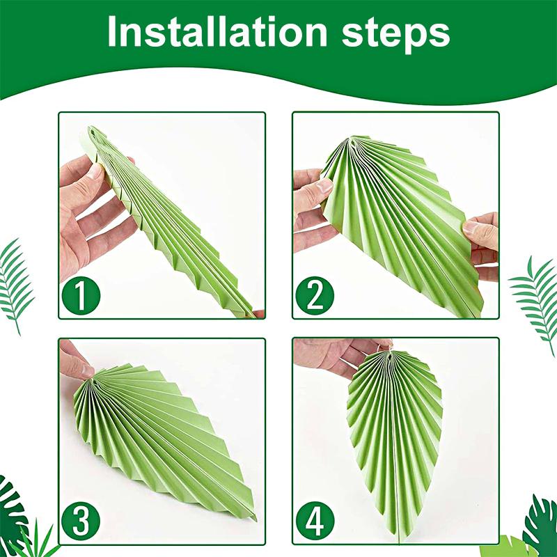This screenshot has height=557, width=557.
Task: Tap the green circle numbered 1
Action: coord(81,296)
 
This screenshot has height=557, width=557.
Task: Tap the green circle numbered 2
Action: coord(315,296)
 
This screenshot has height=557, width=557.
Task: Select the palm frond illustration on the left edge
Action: coord(17,282)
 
